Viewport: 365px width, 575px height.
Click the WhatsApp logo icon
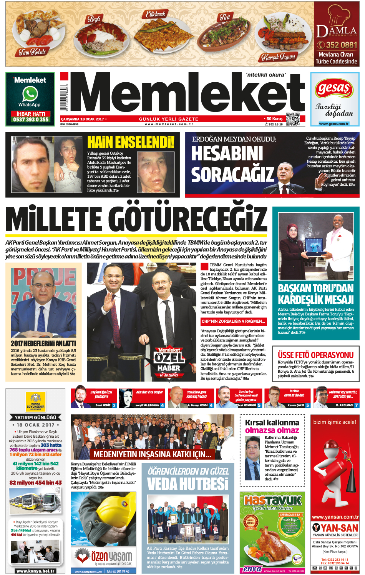(x=30, y=94)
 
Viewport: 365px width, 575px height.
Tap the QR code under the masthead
(x=292, y=119)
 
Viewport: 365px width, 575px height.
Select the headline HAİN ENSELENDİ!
(x=131, y=142)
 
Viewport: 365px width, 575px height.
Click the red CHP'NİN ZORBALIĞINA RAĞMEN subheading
(x=233, y=321)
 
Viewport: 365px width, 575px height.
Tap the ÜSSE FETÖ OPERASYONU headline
(x=315, y=355)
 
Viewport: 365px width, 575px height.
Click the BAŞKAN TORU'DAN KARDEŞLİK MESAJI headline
(x=315, y=294)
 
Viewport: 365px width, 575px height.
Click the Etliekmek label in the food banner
(x=156, y=14)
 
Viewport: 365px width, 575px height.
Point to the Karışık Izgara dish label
(x=278, y=57)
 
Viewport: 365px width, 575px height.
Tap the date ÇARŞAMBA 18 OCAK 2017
(x=82, y=119)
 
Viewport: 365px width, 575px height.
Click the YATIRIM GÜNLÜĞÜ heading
(x=35, y=417)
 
